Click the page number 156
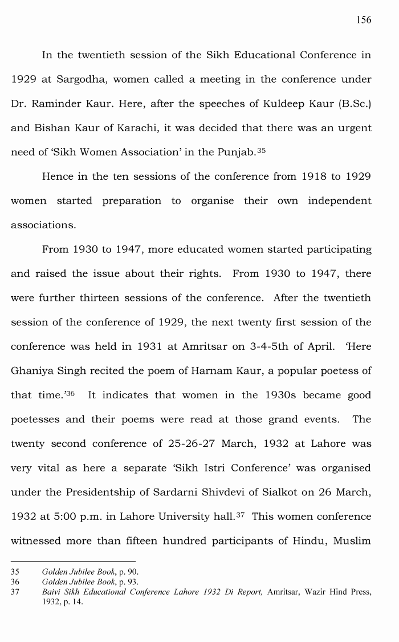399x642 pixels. (364, 20)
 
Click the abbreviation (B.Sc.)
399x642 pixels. (351, 104)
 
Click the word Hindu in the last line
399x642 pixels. (311, 541)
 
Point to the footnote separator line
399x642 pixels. (73, 561)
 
